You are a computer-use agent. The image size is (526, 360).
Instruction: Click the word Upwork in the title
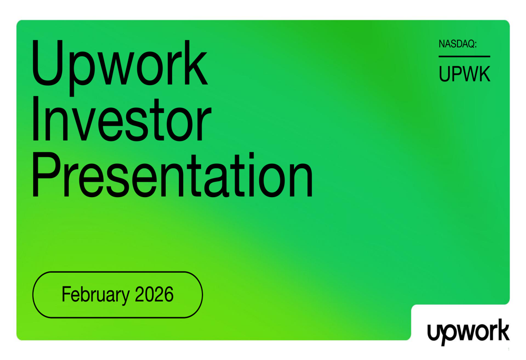(119, 68)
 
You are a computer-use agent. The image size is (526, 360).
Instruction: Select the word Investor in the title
(122, 119)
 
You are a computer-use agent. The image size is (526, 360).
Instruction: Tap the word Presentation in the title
(173, 175)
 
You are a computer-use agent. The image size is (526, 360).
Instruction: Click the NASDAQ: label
(458, 44)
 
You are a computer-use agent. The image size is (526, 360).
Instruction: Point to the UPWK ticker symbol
(464, 74)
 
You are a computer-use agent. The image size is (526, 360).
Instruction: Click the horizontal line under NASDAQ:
(464, 56)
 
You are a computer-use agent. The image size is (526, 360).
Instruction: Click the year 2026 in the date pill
(154, 294)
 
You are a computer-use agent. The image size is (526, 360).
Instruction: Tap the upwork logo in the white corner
(468, 332)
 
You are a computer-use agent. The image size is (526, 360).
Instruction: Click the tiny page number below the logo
(509, 349)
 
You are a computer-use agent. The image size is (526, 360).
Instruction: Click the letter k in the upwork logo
(502, 330)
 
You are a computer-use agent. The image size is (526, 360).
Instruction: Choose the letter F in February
(66, 294)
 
